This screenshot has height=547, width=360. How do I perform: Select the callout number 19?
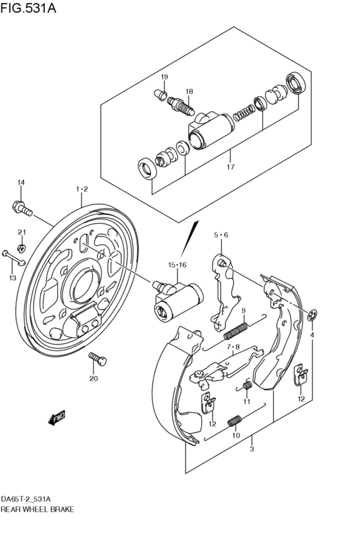point(164,77)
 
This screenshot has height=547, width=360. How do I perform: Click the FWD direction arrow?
point(57,418)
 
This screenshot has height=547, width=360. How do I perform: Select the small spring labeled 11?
point(246,386)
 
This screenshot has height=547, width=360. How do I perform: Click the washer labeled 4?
point(312,316)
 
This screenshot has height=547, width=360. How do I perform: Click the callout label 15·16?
point(177,265)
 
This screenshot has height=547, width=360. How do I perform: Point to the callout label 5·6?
point(221,235)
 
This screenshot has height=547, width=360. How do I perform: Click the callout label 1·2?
point(82,189)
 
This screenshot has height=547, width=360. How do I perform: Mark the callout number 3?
point(251,449)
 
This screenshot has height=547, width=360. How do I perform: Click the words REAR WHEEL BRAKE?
point(37,508)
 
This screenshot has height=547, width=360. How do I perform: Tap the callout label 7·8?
point(232,348)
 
